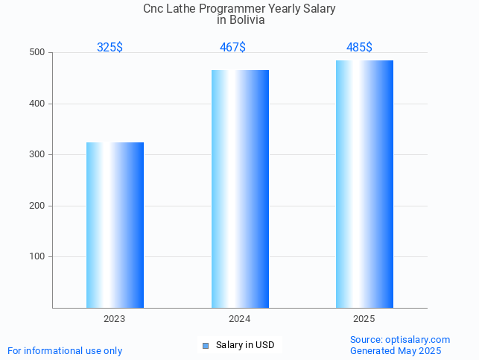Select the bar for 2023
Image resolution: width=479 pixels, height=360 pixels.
click(115, 224)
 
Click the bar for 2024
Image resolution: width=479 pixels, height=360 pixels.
click(240, 189)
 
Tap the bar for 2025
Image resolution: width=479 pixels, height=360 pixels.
click(364, 184)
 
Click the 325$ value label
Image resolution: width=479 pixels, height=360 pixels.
click(110, 48)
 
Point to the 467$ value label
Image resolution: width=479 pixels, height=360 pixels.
click(232, 48)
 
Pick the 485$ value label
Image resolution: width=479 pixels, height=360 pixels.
click(359, 48)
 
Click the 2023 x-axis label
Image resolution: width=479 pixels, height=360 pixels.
click(115, 319)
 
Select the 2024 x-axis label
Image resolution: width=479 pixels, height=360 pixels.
click(239, 319)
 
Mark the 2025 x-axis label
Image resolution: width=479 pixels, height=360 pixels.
click(364, 319)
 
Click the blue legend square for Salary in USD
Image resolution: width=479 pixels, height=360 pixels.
click(206, 345)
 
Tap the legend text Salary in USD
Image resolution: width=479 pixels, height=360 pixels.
click(245, 345)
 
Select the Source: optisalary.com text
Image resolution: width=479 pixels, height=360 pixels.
click(400, 340)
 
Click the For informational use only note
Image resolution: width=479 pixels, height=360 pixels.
click(65, 350)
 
